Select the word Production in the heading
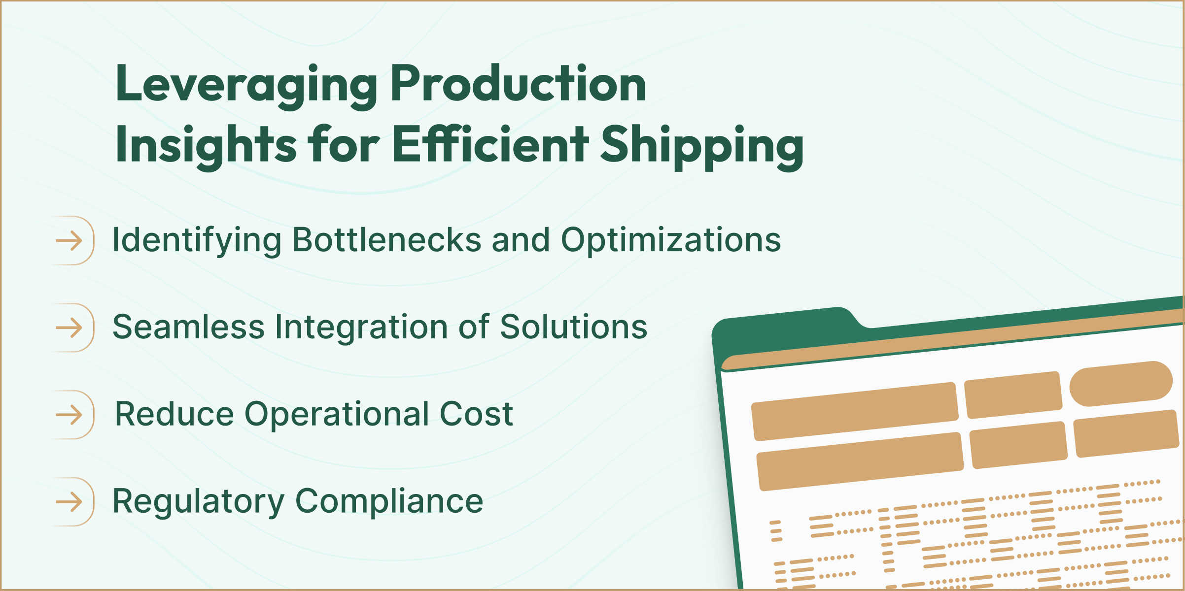518,85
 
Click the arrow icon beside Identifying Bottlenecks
70,241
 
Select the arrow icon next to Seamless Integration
70,328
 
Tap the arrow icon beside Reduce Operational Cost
70,415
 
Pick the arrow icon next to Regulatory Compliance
70,502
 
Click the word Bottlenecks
387,240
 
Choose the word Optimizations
671,240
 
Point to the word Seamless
189,327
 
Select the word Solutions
574,327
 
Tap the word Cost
476,414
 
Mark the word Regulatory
199,501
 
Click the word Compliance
389,501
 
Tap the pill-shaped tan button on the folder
1120,384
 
